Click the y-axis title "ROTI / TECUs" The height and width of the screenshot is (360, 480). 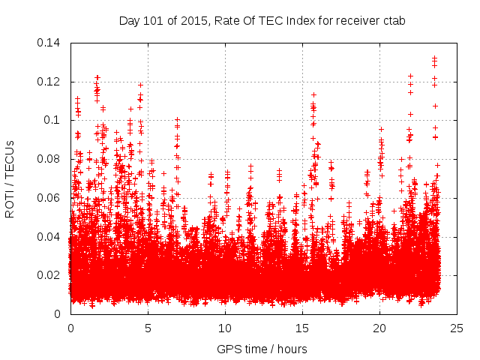click(x=10, y=178)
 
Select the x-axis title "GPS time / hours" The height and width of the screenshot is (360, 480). click(x=262, y=349)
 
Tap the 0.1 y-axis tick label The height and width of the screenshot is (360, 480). click(x=53, y=120)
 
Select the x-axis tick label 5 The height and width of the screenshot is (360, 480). click(x=148, y=328)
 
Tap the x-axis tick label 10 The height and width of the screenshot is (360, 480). click(x=225, y=328)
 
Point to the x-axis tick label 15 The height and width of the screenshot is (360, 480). click(x=302, y=328)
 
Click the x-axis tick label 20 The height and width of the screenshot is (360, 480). click(x=379, y=328)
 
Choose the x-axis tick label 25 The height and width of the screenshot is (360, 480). click(x=457, y=328)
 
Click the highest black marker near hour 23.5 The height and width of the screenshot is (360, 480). click(x=434, y=58)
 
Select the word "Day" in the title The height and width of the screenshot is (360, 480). click(x=129, y=21)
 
